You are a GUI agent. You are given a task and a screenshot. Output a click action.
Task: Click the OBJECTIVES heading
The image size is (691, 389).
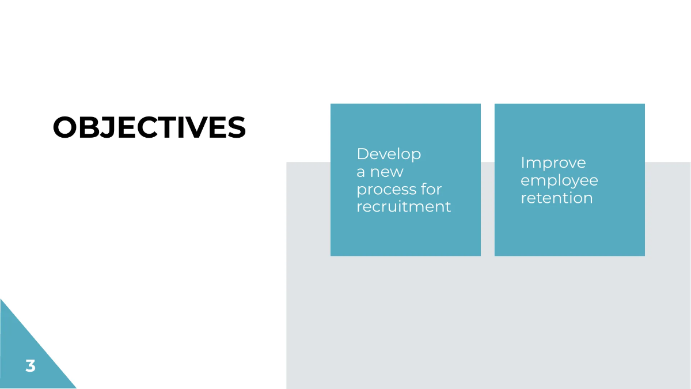[x=149, y=127]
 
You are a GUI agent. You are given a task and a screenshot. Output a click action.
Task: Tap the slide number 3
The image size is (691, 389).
[x=31, y=365]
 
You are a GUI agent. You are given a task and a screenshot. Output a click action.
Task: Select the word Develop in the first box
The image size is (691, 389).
[x=389, y=154]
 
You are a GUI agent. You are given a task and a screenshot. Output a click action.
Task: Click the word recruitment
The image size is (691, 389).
[x=404, y=206]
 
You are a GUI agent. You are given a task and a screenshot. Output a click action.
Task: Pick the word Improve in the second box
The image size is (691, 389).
[x=553, y=163]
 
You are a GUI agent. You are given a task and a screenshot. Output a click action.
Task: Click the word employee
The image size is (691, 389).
[x=559, y=181]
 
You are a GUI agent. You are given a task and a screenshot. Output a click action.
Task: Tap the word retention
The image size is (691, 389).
[x=556, y=198]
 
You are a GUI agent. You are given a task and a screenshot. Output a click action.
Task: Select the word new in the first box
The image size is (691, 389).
[x=386, y=172]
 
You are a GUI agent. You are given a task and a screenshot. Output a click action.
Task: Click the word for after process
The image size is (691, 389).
[x=431, y=189]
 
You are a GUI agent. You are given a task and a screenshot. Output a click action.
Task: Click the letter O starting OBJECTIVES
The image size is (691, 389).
[x=64, y=127]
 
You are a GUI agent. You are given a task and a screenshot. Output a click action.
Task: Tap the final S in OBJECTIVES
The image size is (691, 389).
[x=236, y=127]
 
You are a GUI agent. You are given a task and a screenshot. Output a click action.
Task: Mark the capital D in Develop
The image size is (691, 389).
[x=362, y=154]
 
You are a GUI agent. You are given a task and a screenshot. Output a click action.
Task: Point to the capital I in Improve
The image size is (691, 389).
[x=523, y=163]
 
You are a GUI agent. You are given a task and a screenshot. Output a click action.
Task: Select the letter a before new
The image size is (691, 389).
[x=360, y=172]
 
